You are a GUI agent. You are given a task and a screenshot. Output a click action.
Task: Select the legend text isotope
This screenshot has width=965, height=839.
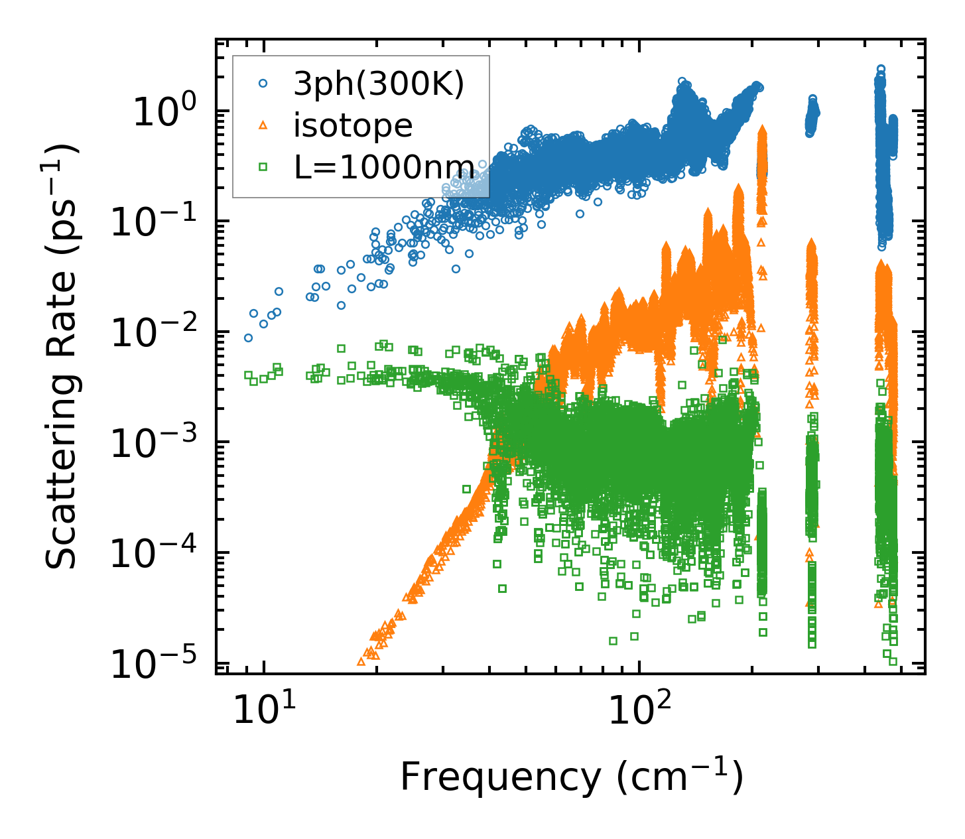point(353,125)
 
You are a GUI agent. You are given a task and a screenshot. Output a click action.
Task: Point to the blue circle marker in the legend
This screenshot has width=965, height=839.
point(263,84)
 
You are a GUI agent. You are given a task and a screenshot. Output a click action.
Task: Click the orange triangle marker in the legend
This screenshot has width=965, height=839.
point(263,125)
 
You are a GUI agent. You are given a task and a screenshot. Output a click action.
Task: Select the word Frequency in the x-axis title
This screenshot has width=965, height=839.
point(499,777)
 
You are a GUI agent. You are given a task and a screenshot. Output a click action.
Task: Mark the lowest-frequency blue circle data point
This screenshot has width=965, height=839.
point(248,338)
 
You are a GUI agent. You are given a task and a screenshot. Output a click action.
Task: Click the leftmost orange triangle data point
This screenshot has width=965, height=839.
point(361,661)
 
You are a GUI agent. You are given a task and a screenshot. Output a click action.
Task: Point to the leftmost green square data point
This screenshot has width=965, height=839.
point(248,375)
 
